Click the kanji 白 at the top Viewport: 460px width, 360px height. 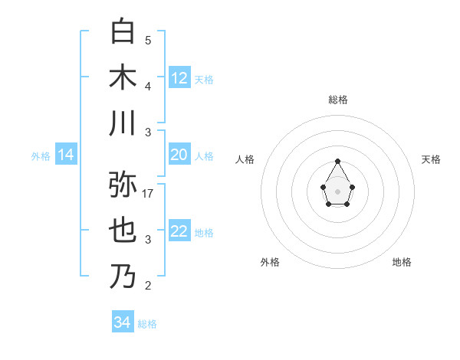[x=123, y=31]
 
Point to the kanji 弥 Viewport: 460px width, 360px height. [x=123, y=185]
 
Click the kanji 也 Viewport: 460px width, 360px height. [x=123, y=231]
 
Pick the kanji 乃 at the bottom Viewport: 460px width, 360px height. [x=123, y=277]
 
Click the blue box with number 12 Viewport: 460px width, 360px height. [x=179, y=78]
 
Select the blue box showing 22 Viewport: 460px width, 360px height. [x=179, y=232]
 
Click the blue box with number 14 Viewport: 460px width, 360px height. [x=66, y=155]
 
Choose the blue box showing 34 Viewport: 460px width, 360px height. [x=123, y=323]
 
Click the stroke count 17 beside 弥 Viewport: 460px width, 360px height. [x=148, y=193]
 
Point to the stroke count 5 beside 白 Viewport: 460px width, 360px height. [x=148, y=40]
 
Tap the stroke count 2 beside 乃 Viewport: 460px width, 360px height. [x=148, y=286]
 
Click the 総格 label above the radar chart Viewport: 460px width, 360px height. [x=337, y=100]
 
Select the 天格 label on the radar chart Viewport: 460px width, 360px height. [x=431, y=159]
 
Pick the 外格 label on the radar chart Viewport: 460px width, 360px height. [x=270, y=262]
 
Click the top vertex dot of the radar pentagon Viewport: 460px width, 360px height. [x=337, y=161]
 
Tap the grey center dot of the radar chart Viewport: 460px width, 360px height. [x=337, y=191]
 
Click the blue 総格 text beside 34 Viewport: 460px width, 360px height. [x=147, y=324]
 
